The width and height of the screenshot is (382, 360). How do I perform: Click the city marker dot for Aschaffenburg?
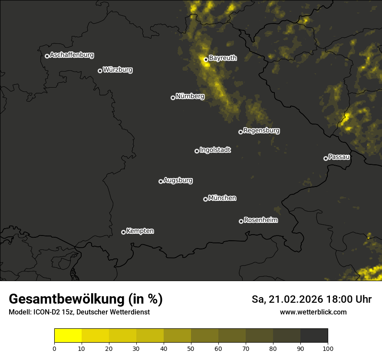point(47,56)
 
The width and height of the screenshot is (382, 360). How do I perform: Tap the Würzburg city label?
point(118,70)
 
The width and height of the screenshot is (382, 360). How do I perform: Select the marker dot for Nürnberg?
point(173,98)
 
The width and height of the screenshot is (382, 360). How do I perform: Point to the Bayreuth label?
point(223,58)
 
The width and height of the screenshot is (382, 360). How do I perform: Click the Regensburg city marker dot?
point(240,132)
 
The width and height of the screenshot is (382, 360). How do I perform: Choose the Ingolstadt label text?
point(215,150)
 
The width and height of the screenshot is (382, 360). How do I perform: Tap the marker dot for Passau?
point(326,158)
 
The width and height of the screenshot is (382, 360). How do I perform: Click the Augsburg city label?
point(178,180)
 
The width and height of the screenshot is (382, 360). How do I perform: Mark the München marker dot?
point(205,199)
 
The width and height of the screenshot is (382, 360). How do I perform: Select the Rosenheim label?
point(260,220)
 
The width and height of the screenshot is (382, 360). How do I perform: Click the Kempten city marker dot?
point(123,232)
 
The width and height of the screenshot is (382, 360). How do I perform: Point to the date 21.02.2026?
point(295,299)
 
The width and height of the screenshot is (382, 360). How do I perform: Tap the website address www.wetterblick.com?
point(313,312)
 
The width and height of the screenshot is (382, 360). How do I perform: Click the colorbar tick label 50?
point(191,348)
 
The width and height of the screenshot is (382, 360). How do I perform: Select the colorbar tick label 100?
point(328,348)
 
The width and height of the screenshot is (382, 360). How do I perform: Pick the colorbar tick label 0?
point(54,348)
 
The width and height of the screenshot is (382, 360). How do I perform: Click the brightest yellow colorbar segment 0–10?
point(68,336)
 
